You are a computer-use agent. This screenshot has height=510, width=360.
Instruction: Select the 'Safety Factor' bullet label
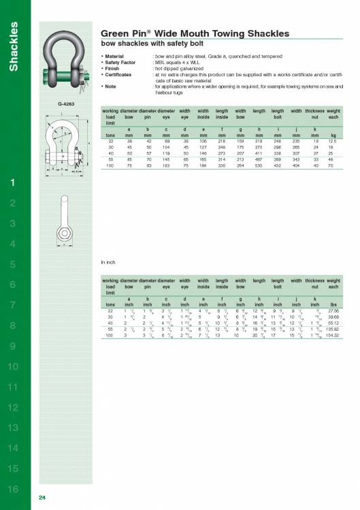tap(122, 62)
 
